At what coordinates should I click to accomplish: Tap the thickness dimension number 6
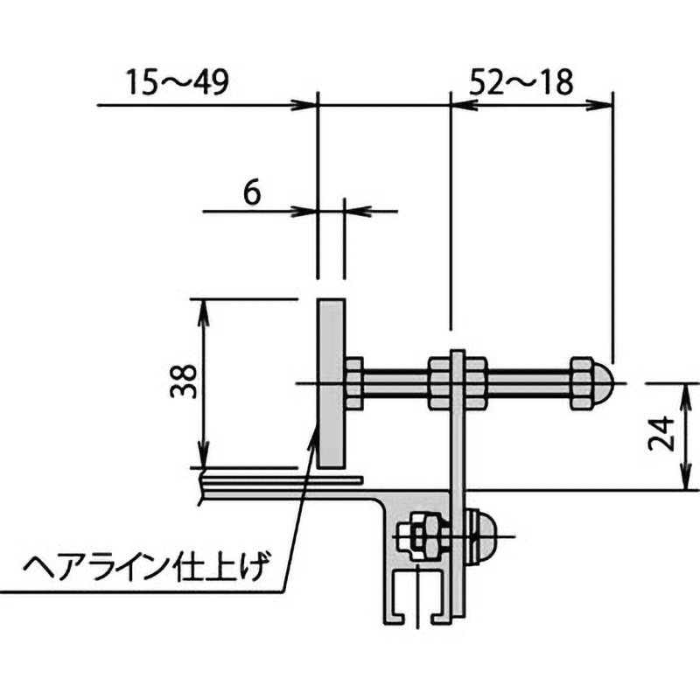(x=251, y=192)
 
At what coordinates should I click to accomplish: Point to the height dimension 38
(x=181, y=381)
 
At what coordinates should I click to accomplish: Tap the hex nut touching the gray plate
(x=354, y=384)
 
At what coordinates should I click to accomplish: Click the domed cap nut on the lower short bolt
(x=482, y=535)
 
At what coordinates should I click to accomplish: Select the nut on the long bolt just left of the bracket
(x=439, y=383)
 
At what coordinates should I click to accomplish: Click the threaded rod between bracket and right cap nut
(x=525, y=383)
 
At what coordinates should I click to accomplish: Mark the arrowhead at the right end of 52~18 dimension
(x=601, y=105)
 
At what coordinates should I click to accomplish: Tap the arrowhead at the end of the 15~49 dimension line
(x=305, y=105)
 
